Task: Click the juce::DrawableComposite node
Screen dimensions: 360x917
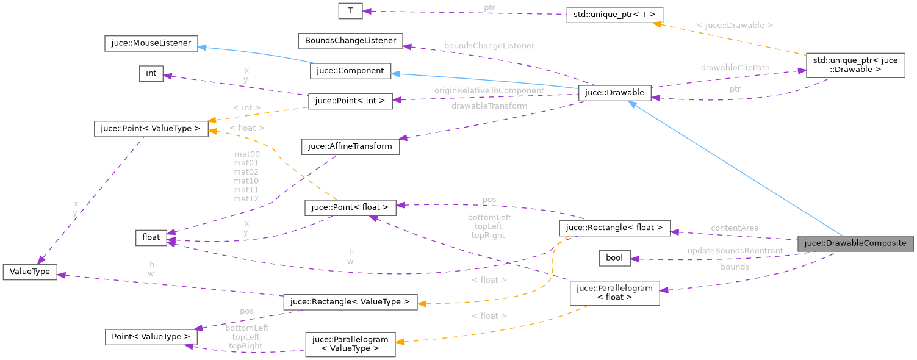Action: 855,243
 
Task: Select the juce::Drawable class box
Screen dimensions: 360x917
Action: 614,92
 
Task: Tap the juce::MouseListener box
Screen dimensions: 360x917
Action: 149,43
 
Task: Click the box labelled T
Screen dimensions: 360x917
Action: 350,10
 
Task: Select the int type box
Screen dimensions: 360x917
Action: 151,73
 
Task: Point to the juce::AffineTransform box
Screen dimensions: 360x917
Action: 350,146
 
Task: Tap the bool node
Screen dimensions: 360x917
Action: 614,257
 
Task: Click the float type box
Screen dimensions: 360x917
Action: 151,237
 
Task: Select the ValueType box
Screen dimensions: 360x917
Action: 30,272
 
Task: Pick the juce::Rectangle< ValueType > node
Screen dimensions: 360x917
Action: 350,302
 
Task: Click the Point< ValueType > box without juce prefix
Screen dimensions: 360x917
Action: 151,336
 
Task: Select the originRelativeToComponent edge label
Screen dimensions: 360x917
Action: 489,90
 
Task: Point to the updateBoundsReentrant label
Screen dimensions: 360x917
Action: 735,251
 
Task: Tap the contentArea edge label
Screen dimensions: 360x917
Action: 734,228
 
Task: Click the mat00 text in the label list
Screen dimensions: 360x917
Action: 246,154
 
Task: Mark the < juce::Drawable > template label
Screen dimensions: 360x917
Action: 735,26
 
